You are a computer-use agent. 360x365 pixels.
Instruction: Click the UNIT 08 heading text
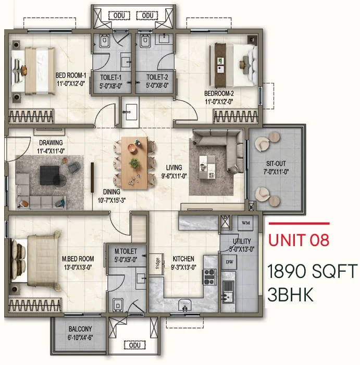(299, 240)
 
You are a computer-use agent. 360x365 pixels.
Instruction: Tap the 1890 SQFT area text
(312, 271)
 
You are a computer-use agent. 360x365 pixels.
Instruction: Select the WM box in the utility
(245, 223)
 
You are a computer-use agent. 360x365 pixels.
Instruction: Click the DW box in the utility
(229, 262)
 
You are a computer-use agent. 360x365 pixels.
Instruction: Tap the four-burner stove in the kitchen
(209, 276)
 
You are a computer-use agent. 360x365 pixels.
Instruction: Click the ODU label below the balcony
(134, 345)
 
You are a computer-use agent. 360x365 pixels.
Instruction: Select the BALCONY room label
(80, 329)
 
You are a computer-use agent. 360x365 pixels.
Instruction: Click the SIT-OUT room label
(276, 163)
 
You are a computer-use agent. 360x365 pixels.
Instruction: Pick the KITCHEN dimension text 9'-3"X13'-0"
(183, 267)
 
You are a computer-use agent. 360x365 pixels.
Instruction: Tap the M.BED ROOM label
(78, 259)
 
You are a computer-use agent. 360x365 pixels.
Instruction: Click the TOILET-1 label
(110, 77)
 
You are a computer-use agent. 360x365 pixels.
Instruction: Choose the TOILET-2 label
(157, 77)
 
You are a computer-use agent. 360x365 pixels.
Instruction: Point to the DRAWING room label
(51, 143)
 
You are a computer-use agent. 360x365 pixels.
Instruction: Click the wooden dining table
(134, 163)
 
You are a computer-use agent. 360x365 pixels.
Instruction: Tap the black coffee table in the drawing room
(49, 175)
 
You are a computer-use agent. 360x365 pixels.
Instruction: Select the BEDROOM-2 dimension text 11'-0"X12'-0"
(219, 102)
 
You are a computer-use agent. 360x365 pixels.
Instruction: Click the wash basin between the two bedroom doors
(131, 112)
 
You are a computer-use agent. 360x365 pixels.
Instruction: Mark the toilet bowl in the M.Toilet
(118, 305)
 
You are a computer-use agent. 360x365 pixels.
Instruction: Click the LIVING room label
(174, 167)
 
